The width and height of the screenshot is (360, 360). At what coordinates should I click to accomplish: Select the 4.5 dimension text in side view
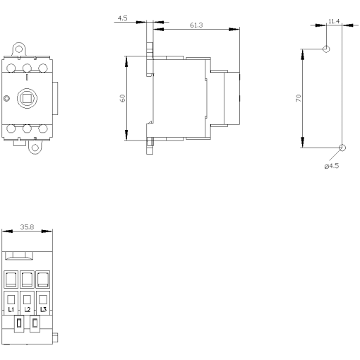[123, 18]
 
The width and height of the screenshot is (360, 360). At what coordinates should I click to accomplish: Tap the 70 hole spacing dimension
[299, 98]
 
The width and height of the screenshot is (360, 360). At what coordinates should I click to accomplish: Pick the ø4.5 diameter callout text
[332, 166]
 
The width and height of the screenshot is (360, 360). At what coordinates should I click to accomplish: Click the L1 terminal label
[12, 309]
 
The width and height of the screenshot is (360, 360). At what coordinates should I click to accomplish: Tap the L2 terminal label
[28, 309]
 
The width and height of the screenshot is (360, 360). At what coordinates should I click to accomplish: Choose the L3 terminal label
[43, 309]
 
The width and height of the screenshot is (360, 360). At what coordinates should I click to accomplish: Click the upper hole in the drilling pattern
[325, 49]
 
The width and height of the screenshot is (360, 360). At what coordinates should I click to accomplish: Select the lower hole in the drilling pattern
[342, 148]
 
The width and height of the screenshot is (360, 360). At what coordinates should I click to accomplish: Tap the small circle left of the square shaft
[7, 98]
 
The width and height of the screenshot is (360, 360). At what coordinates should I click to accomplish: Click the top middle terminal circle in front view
[28, 68]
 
